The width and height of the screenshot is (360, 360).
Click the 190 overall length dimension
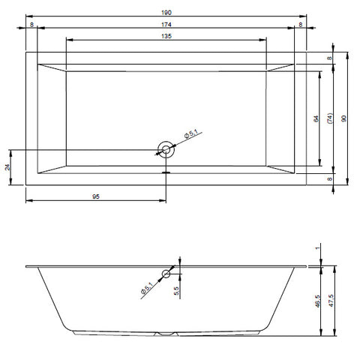(x=166, y=13)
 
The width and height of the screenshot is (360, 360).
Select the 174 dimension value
(x=166, y=25)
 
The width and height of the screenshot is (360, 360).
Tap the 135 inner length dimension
(x=166, y=36)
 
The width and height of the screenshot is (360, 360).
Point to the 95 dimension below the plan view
(x=96, y=196)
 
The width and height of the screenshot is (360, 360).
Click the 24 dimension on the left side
(x=7, y=167)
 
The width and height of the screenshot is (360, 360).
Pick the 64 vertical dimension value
(x=316, y=118)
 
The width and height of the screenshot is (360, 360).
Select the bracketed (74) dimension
(x=330, y=118)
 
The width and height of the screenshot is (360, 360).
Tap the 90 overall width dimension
(x=344, y=118)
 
